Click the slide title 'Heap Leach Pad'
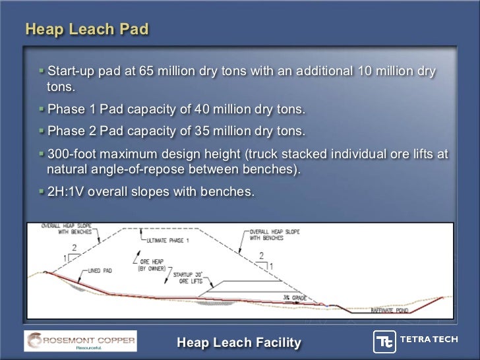(x=86, y=30)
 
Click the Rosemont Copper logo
(x=80, y=341)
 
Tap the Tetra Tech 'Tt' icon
(x=384, y=341)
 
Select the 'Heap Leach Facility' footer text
(x=239, y=342)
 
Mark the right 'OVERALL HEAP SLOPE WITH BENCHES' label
(x=276, y=235)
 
